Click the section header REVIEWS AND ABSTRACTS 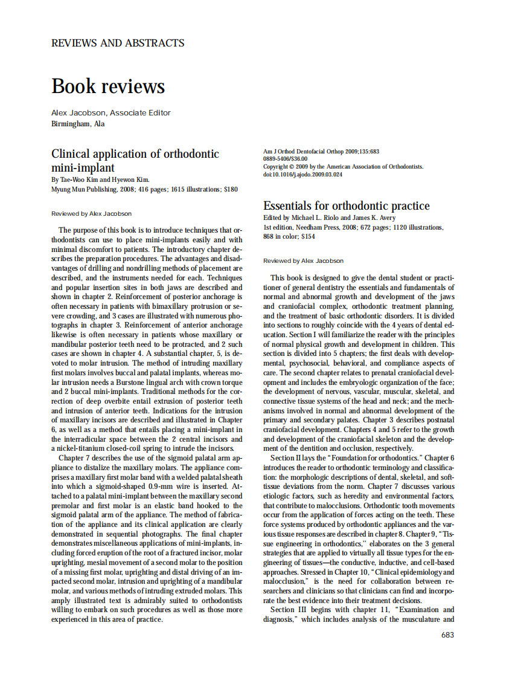click(x=118, y=43)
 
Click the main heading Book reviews click(x=108, y=86)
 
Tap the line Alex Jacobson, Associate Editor click(x=111, y=112)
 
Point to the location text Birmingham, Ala click(x=78, y=124)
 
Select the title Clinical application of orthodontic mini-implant click(x=135, y=161)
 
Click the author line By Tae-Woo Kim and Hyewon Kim click(x=100, y=179)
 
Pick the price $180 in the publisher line click(x=231, y=189)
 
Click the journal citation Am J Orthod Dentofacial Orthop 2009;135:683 click(x=321, y=151)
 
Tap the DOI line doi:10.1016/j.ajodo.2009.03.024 click(x=303, y=174)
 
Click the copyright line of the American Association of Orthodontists click(x=343, y=166)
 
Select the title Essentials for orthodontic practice click(x=347, y=205)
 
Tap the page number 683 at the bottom click(x=447, y=634)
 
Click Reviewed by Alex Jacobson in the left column click(x=91, y=213)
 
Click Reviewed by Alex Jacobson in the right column click(x=303, y=261)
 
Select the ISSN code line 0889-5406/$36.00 click(x=285, y=158)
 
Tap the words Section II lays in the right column click(x=296, y=457)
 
